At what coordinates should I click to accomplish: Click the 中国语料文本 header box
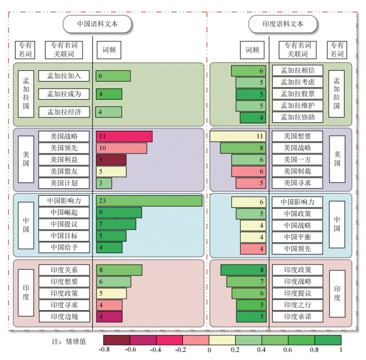[97, 24]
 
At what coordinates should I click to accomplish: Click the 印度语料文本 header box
[282, 24]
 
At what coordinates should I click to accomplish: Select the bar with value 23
[149, 201]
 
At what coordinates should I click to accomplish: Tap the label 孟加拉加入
[64, 76]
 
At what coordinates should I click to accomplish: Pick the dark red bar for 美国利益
[111, 160]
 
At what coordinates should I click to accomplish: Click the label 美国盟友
[64, 172]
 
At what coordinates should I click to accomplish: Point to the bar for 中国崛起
[119, 212]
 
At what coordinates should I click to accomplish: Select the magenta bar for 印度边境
[109, 317]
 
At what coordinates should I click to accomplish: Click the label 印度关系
[64, 270]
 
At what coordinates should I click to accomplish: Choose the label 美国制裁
[297, 172]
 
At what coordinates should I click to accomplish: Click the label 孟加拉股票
[297, 94]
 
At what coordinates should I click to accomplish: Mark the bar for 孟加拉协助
[253, 117]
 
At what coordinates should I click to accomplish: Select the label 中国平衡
[297, 237]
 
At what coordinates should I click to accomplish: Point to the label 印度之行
[297, 305]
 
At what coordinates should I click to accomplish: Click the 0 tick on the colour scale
[209, 350]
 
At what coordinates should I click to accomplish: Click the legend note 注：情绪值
[69, 340]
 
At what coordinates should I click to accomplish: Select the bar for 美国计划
[104, 183]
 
